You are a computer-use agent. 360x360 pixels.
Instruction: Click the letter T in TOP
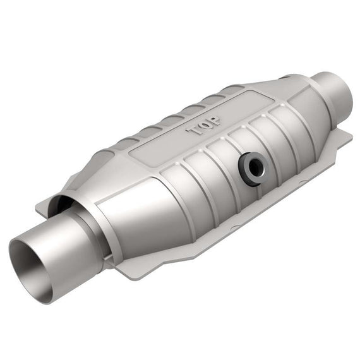pyautogui.click(x=193, y=131)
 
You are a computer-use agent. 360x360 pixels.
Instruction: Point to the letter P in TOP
pyautogui.click(x=213, y=121)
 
